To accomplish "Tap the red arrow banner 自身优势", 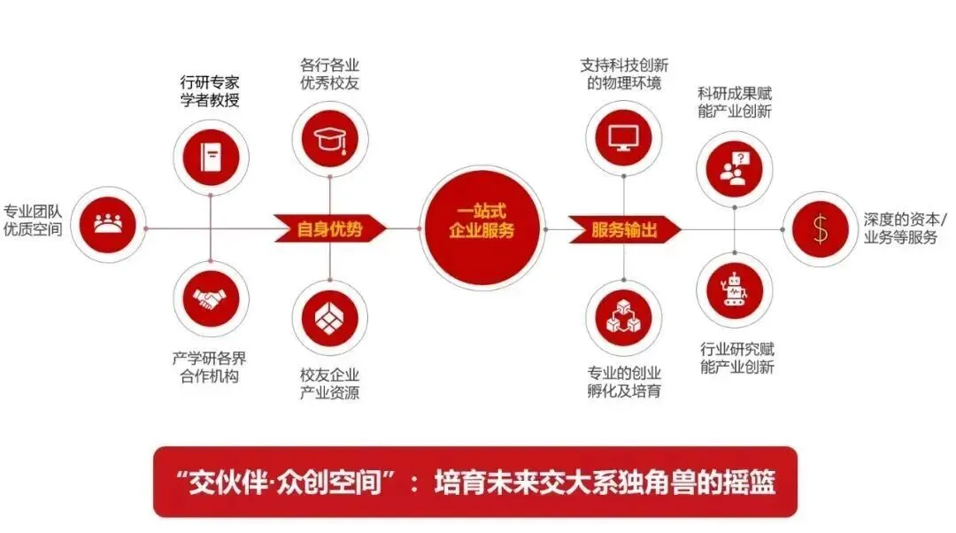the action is (329, 228).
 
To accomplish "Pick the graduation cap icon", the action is (329, 136).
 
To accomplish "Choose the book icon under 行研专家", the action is (211, 158).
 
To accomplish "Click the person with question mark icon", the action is (735, 166).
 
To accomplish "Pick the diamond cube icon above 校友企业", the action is (329, 317).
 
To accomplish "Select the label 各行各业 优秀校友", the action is (329, 74).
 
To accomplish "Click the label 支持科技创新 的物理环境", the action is (624, 74).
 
